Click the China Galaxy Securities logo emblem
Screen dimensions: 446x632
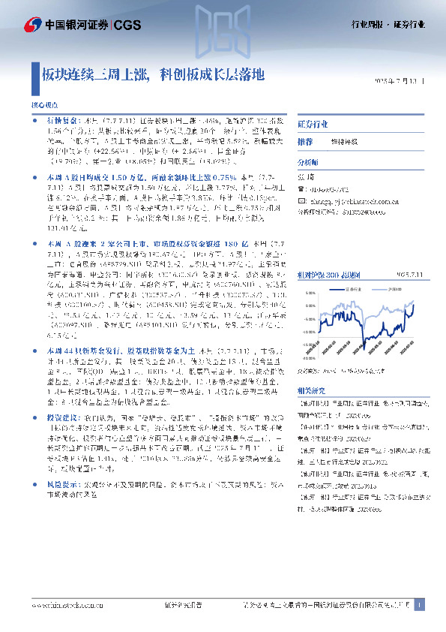point(31,25)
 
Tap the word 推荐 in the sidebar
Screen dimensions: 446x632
point(305,141)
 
